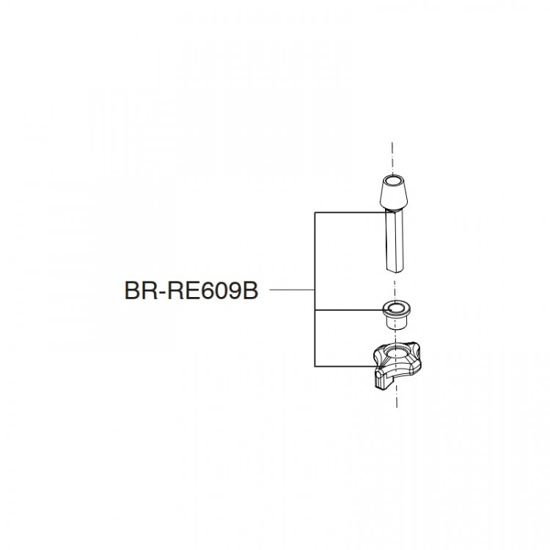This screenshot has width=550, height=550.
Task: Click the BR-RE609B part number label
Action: pos(191,291)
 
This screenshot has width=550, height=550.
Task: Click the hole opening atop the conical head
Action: pos(394,181)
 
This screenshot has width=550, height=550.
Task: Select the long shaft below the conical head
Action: pos(395,241)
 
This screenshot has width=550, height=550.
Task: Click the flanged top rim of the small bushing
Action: pos(395,307)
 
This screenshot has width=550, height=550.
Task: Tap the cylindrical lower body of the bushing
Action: pos(395,322)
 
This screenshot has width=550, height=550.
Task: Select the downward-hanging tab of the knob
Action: pos(383,380)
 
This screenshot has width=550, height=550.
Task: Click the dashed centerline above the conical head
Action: pos(392,158)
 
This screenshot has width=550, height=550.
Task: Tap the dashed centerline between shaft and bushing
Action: pos(395,287)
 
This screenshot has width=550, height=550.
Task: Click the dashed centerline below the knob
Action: pos(396,397)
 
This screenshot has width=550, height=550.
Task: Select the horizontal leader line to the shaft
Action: pos(350,212)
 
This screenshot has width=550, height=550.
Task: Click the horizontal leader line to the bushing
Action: pos(348,310)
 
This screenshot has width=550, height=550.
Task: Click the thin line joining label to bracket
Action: pos(292,290)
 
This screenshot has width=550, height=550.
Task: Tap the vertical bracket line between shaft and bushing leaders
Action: pos(315,261)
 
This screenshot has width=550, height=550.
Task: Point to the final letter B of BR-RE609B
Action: pos(251,291)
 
